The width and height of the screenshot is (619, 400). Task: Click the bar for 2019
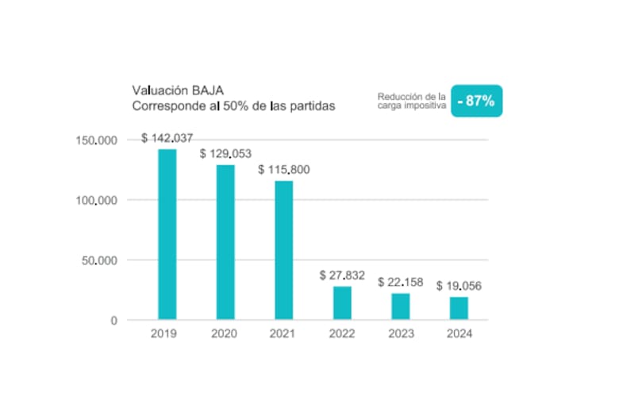pyautogui.click(x=167, y=234)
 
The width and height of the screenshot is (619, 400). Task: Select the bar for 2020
pyautogui.click(x=225, y=242)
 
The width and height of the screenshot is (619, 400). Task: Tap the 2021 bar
pyautogui.click(x=284, y=250)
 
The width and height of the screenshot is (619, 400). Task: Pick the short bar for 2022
pyautogui.click(x=342, y=303)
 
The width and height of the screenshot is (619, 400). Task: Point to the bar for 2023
pyautogui.click(x=401, y=306)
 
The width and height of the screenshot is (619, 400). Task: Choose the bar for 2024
pyautogui.click(x=459, y=308)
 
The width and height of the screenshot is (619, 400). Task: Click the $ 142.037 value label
pyautogui.click(x=167, y=138)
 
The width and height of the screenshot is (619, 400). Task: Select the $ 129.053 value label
pyautogui.click(x=225, y=154)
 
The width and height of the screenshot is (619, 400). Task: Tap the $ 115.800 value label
pyautogui.click(x=284, y=170)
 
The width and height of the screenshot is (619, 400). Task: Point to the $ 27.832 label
pyautogui.click(x=342, y=275)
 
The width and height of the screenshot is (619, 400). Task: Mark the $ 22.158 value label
pyautogui.click(x=400, y=282)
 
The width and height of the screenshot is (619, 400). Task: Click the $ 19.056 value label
pyautogui.click(x=459, y=286)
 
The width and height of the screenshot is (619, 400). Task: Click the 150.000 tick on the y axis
pyautogui.click(x=96, y=140)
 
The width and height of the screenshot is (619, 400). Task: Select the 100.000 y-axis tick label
pyautogui.click(x=96, y=201)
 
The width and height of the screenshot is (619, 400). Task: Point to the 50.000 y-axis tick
pyautogui.click(x=99, y=260)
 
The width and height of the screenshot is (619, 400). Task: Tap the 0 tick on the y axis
pyautogui.click(x=114, y=321)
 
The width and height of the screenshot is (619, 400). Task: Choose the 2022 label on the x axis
pyautogui.click(x=342, y=333)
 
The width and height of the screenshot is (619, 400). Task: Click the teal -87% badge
pyautogui.click(x=476, y=101)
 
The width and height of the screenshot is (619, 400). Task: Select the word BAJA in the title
pyautogui.click(x=208, y=90)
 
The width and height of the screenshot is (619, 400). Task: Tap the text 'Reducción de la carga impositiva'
pyautogui.click(x=412, y=101)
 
